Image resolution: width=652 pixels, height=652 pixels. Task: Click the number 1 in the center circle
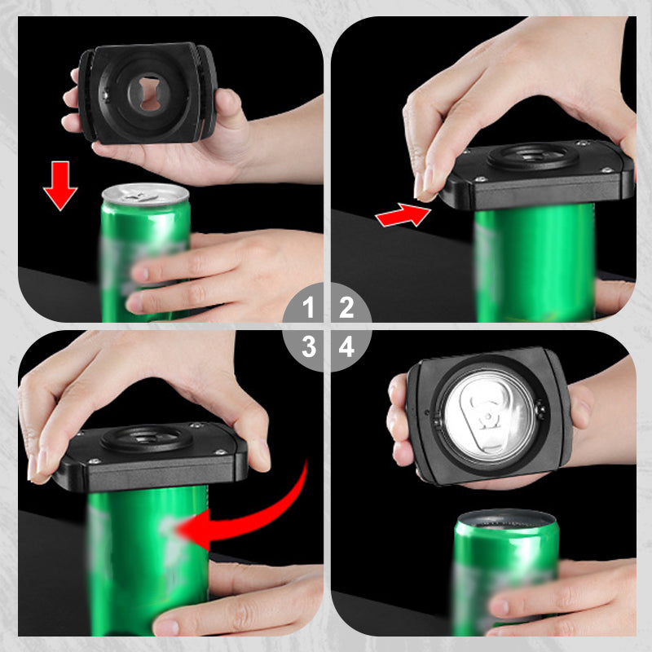(x=309, y=308)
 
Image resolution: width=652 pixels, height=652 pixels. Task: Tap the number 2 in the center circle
(x=346, y=308)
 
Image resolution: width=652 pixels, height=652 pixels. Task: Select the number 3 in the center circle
(x=309, y=347)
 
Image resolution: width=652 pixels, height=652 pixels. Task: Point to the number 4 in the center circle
(x=346, y=347)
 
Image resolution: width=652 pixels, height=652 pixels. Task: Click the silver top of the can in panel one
(x=145, y=194)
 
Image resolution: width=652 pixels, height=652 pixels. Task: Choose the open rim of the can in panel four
(x=505, y=519)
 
